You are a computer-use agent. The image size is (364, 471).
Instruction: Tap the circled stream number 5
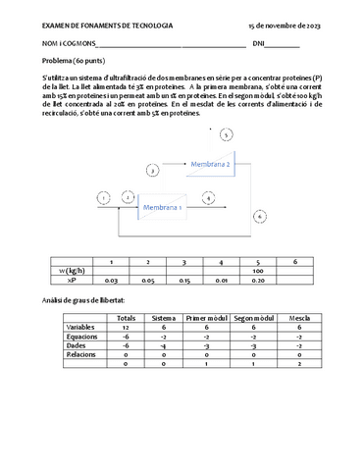(226, 134)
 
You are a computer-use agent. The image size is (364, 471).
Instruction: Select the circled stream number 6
(258, 215)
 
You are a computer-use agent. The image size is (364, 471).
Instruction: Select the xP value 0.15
(184, 280)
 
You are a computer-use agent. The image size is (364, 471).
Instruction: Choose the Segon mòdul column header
(252, 317)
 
